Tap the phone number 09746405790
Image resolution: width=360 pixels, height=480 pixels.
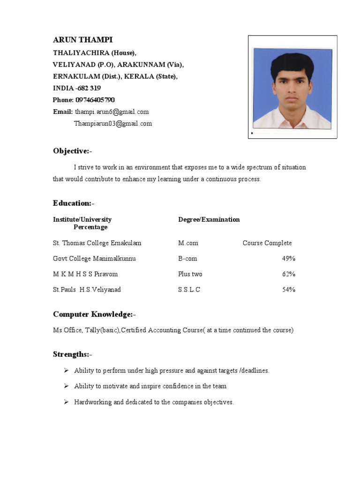(95, 100)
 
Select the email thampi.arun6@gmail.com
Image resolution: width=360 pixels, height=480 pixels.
(112, 112)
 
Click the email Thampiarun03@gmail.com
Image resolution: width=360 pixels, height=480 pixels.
(113, 124)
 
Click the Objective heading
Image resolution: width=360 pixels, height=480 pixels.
(72, 151)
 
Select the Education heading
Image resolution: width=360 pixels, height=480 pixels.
(73, 203)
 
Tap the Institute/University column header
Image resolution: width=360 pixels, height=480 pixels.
(82, 219)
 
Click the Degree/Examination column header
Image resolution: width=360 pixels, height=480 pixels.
(209, 219)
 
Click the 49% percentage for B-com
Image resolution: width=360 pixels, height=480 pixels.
(288, 259)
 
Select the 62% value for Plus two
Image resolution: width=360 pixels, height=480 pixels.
(288, 274)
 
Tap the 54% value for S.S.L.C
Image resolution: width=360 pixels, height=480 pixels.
(288, 290)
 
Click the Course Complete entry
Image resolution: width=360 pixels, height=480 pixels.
(267, 243)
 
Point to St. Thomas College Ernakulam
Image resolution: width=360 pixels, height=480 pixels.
(97, 243)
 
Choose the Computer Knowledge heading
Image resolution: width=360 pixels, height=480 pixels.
(94, 314)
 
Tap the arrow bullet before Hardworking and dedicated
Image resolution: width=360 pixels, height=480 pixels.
(66, 402)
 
